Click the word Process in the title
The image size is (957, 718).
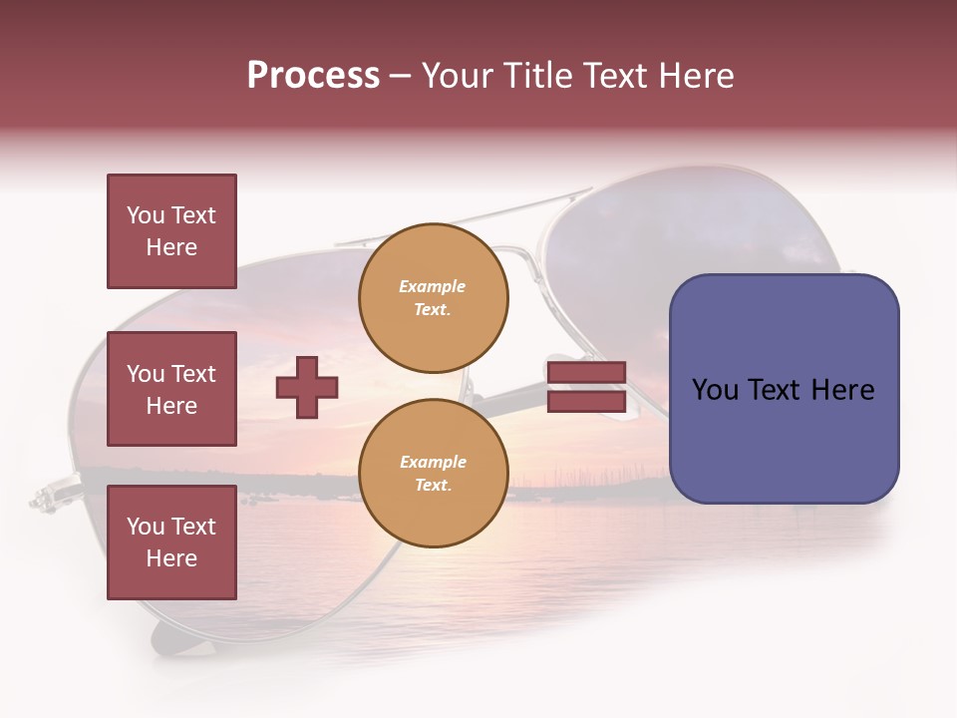point(313,76)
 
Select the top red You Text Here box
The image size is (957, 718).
point(171,231)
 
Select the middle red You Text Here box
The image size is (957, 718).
point(171,389)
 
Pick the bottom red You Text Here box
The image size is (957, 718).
point(171,542)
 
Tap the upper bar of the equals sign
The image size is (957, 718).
point(586,373)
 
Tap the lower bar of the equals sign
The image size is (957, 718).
point(586,402)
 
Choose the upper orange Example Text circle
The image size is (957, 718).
point(433,298)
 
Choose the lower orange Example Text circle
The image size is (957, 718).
point(433,474)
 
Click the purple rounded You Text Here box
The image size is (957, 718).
point(784,389)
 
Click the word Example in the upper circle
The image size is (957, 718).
point(433,286)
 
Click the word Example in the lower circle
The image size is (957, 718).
point(433,462)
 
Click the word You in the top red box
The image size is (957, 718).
point(146,215)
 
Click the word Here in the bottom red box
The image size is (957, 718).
point(171,558)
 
